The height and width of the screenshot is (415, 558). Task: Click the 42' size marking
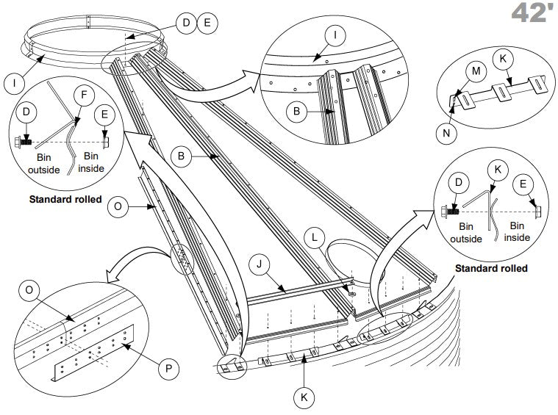coord(534,13)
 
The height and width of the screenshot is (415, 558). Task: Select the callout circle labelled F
coord(84,95)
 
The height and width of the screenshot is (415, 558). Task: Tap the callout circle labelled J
coord(260,264)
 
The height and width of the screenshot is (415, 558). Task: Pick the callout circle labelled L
coord(315,237)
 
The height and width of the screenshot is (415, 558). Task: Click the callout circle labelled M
coord(476,71)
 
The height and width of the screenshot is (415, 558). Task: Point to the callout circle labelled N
coord(446,134)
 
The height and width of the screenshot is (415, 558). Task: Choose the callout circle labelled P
coord(168,369)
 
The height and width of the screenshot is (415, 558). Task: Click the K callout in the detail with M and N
coord(503,59)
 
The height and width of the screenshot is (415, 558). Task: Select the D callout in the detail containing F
coord(26,112)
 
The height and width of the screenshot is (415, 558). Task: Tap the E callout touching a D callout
coord(207,23)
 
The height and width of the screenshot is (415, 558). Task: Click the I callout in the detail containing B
coord(335,35)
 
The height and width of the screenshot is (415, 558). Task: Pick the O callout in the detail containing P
coord(29,290)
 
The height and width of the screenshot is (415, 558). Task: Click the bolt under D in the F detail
coord(23,142)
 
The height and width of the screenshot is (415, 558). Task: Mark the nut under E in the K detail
coord(537,212)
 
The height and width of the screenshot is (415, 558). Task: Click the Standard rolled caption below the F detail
coord(65,199)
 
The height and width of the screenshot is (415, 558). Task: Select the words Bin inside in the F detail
coord(91,162)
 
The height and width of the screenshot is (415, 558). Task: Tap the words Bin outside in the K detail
coord(466,233)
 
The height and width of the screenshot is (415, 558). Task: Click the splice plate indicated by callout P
coord(93,353)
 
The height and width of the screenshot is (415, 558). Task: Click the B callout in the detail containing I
coord(297,112)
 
